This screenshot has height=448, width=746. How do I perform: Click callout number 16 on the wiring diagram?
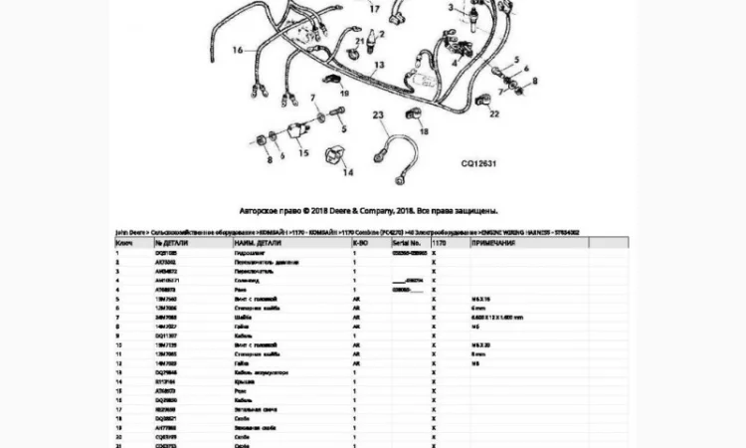[x=237, y=49]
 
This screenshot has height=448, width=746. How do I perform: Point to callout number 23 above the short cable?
[x=378, y=116]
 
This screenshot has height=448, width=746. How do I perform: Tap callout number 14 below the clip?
[x=348, y=173]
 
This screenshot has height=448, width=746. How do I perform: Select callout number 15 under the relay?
[x=303, y=153]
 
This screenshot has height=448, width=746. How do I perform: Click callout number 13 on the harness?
[x=379, y=65]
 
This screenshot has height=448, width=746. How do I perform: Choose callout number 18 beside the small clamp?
[x=422, y=130]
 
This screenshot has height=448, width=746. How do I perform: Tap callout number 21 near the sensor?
[x=360, y=41]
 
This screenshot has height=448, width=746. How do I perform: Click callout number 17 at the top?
[x=374, y=8]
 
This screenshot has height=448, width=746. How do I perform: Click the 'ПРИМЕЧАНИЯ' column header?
[x=494, y=242]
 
